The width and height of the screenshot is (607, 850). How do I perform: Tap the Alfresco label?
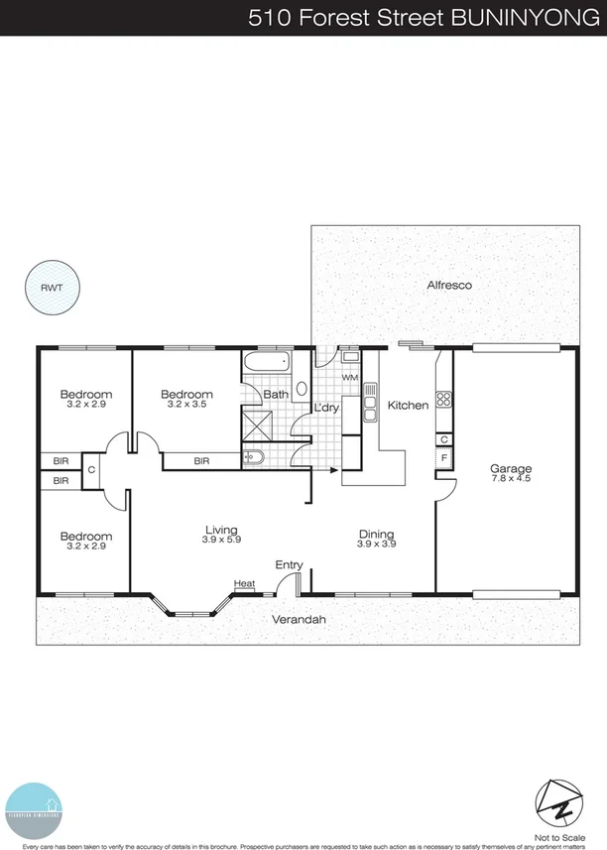(448, 285)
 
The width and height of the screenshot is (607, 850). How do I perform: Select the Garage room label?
(512, 469)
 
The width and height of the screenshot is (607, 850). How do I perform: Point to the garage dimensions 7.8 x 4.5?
(512, 480)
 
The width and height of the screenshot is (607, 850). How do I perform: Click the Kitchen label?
(408, 405)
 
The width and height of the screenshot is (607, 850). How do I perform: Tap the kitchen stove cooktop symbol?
(444, 401)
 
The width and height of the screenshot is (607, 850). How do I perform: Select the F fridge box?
(444, 459)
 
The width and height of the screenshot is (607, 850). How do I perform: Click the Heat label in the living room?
(244, 584)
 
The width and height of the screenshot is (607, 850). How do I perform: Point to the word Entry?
(289, 565)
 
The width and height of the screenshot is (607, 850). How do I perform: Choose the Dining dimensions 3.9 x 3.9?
(377, 544)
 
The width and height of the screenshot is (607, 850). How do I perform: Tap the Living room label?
(222, 530)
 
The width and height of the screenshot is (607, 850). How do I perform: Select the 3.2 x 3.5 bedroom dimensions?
(187, 405)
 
